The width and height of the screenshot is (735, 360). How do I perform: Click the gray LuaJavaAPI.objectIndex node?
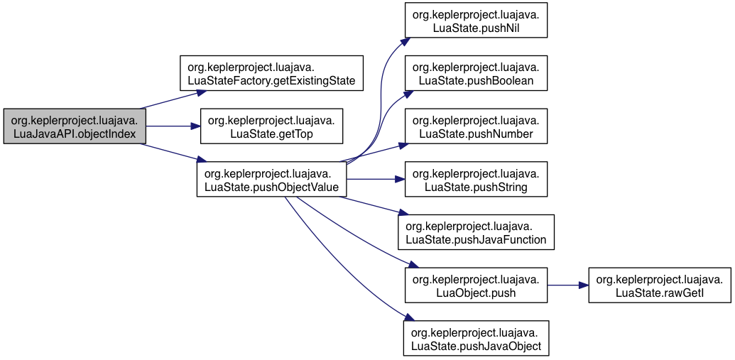[x=75, y=126]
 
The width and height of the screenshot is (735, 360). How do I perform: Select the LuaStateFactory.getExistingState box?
[x=272, y=73]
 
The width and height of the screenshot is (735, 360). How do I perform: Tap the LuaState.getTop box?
[x=272, y=126]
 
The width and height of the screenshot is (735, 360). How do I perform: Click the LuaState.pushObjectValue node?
[x=272, y=179]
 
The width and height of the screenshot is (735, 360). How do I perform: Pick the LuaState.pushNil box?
[x=477, y=20]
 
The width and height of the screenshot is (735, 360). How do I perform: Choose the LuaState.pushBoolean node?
[x=477, y=73]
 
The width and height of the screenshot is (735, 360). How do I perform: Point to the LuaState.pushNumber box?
[x=477, y=126]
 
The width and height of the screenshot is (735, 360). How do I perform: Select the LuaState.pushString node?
[x=477, y=179]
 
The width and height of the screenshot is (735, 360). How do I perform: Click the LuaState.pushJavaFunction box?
[x=477, y=232]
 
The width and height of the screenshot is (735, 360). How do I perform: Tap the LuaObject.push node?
[x=477, y=285]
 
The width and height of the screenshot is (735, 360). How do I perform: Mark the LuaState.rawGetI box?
[x=660, y=285]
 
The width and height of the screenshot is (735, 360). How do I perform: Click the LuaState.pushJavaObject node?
[x=477, y=338]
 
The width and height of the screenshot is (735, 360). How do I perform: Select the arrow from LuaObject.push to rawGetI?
[x=568, y=285]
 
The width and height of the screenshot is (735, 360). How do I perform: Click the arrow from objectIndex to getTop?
[x=173, y=126]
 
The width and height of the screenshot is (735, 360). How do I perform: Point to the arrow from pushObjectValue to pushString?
[x=376, y=179]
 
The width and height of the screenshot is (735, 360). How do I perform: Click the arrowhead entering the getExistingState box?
[x=202, y=92]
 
